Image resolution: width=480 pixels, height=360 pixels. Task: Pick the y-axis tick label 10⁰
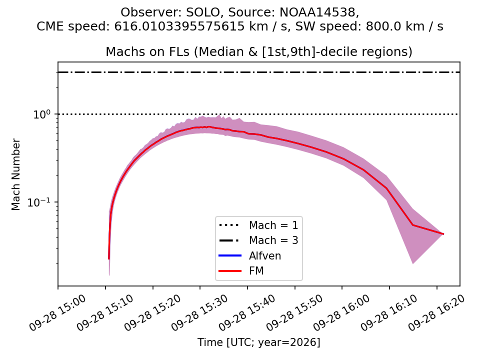[41, 114]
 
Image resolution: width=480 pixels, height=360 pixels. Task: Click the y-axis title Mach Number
[15, 174]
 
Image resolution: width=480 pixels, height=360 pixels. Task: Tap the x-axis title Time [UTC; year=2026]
[258, 342]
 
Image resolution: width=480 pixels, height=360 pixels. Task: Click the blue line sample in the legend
[230, 255]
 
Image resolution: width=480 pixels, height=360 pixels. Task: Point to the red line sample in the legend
[230, 271]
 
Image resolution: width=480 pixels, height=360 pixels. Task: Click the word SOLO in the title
[203, 12]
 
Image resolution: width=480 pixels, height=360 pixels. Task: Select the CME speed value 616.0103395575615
[179, 26]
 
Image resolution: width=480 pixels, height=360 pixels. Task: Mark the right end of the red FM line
[443, 234]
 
